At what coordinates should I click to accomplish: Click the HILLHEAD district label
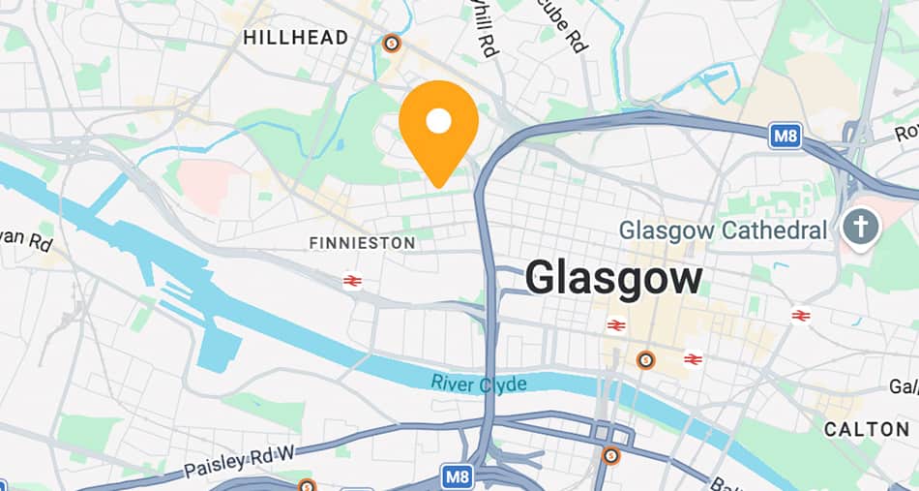[x=296, y=38]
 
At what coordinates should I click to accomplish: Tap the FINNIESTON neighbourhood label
[x=362, y=242]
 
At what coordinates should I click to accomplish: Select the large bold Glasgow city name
[x=614, y=279]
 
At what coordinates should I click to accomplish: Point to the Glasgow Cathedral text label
[x=724, y=230]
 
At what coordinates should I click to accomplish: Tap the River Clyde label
[x=479, y=384]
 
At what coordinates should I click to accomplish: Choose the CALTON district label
[x=866, y=428]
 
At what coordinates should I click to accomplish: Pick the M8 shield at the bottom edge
[x=458, y=476]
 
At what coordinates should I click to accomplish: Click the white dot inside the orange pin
[x=439, y=121]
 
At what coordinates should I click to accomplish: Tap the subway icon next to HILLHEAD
[x=391, y=43]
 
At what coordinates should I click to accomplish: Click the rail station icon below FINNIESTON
[x=352, y=281]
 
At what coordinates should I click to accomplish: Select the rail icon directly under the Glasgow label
[x=615, y=324]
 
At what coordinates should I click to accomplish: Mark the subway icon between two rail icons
[x=645, y=360]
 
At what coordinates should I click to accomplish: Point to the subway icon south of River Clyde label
[x=610, y=454]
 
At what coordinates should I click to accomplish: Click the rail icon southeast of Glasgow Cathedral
[x=800, y=315]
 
